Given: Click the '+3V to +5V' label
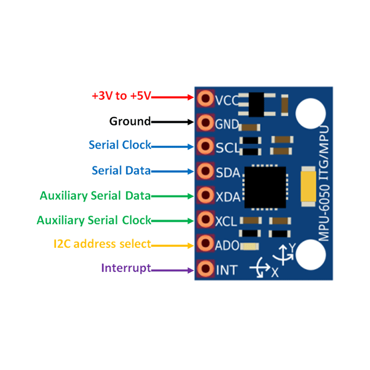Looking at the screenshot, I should [x=122, y=96].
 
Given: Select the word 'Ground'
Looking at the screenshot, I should [x=130, y=122].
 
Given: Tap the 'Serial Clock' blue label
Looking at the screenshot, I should [x=120, y=145].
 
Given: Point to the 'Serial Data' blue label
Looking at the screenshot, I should [x=121, y=170].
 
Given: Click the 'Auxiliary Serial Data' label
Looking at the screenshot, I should [x=95, y=196].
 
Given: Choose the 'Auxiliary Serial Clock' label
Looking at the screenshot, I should [x=94, y=220].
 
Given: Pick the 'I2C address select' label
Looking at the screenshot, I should [x=102, y=244].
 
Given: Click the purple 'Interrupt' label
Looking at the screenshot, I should [x=126, y=268].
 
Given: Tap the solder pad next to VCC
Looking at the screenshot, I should [x=205, y=98].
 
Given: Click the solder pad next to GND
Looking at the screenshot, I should [x=205, y=122].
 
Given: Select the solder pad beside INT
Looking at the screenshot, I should [x=205, y=268].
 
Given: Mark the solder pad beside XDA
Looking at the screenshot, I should [x=205, y=195].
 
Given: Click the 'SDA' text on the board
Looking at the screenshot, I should [x=227, y=172].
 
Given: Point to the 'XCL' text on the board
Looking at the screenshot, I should [x=226, y=221].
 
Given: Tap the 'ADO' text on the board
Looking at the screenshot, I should [x=227, y=245].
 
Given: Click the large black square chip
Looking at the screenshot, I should [x=265, y=187].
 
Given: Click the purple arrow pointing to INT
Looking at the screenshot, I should [x=173, y=269].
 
